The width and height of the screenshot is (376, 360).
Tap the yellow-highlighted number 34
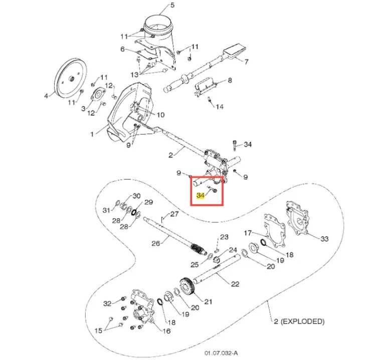click(201, 195)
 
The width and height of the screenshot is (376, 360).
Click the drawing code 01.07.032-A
click(221, 353)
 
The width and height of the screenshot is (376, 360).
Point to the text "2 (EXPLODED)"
click(299, 321)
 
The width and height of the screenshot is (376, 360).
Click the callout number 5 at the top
click(172, 5)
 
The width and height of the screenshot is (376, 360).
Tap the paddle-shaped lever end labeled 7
click(235, 52)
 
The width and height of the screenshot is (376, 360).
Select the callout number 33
click(324, 238)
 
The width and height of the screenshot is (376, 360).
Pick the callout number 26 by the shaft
click(155, 243)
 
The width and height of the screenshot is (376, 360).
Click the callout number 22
click(235, 284)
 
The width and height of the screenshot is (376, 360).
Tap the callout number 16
click(166, 331)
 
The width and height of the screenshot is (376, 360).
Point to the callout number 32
click(107, 303)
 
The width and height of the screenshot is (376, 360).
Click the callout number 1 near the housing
click(92, 134)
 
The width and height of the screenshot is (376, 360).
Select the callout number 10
click(160, 115)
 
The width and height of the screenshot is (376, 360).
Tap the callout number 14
click(220, 107)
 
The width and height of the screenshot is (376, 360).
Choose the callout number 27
click(174, 214)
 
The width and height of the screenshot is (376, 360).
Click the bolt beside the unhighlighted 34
click(234, 145)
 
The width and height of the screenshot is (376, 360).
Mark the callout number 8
click(230, 80)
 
